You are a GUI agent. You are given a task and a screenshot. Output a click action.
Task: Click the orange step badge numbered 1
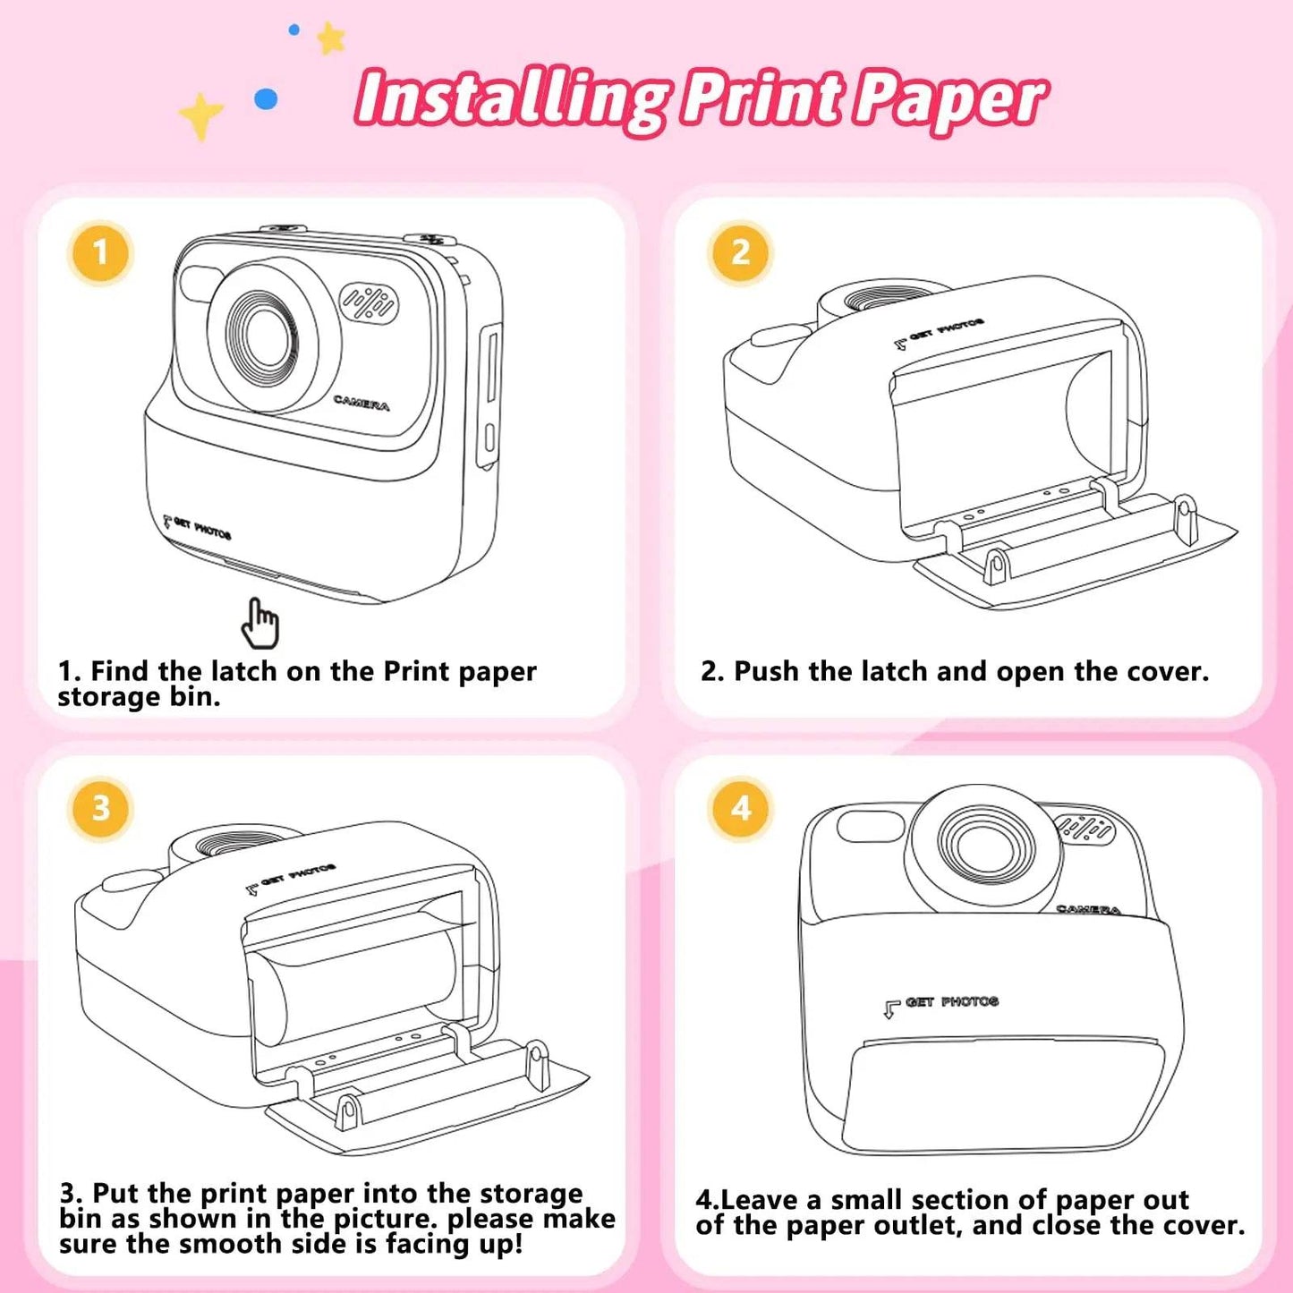pyautogui.click(x=100, y=253)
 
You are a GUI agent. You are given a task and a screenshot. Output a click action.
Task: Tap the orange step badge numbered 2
pyautogui.click(x=741, y=253)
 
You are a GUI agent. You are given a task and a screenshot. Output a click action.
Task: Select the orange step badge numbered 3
pyautogui.click(x=100, y=809)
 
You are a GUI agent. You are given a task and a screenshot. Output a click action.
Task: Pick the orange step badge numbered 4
pyautogui.click(x=741, y=808)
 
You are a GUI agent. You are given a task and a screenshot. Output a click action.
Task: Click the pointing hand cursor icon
pyautogui.click(x=259, y=624)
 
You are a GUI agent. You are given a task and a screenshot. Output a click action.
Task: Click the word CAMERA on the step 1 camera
pyautogui.click(x=362, y=403)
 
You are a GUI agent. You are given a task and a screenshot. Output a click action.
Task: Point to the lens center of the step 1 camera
pyautogui.click(x=267, y=336)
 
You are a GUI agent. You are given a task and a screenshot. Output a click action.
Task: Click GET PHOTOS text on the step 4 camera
pyautogui.click(x=951, y=1002)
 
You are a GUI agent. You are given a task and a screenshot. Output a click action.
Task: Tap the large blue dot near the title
pyautogui.click(x=267, y=99)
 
